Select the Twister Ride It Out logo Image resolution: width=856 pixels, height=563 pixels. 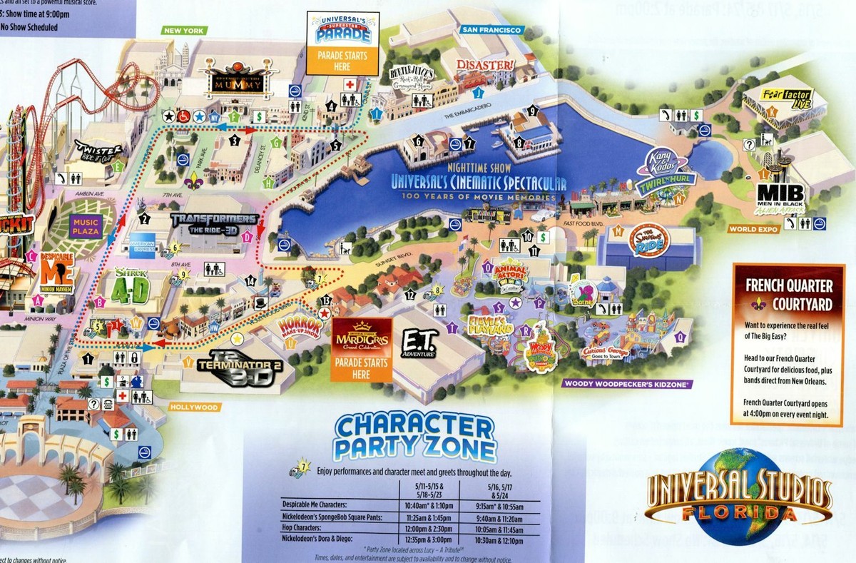pyautogui.click(x=100, y=152)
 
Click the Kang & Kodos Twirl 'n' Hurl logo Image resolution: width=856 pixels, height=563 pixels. pyautogui.click(x=668, y=170)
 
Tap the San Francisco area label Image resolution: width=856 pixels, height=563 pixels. pyautogui.click(x=491, y=30)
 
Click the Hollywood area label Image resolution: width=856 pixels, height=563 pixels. pyautogui.click(x=194, y=407)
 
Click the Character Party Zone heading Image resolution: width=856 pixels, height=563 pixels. pyautogui.click(x=416, y=437)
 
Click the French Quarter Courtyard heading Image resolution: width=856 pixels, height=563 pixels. pyautogui.click(x=789, y=293)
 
